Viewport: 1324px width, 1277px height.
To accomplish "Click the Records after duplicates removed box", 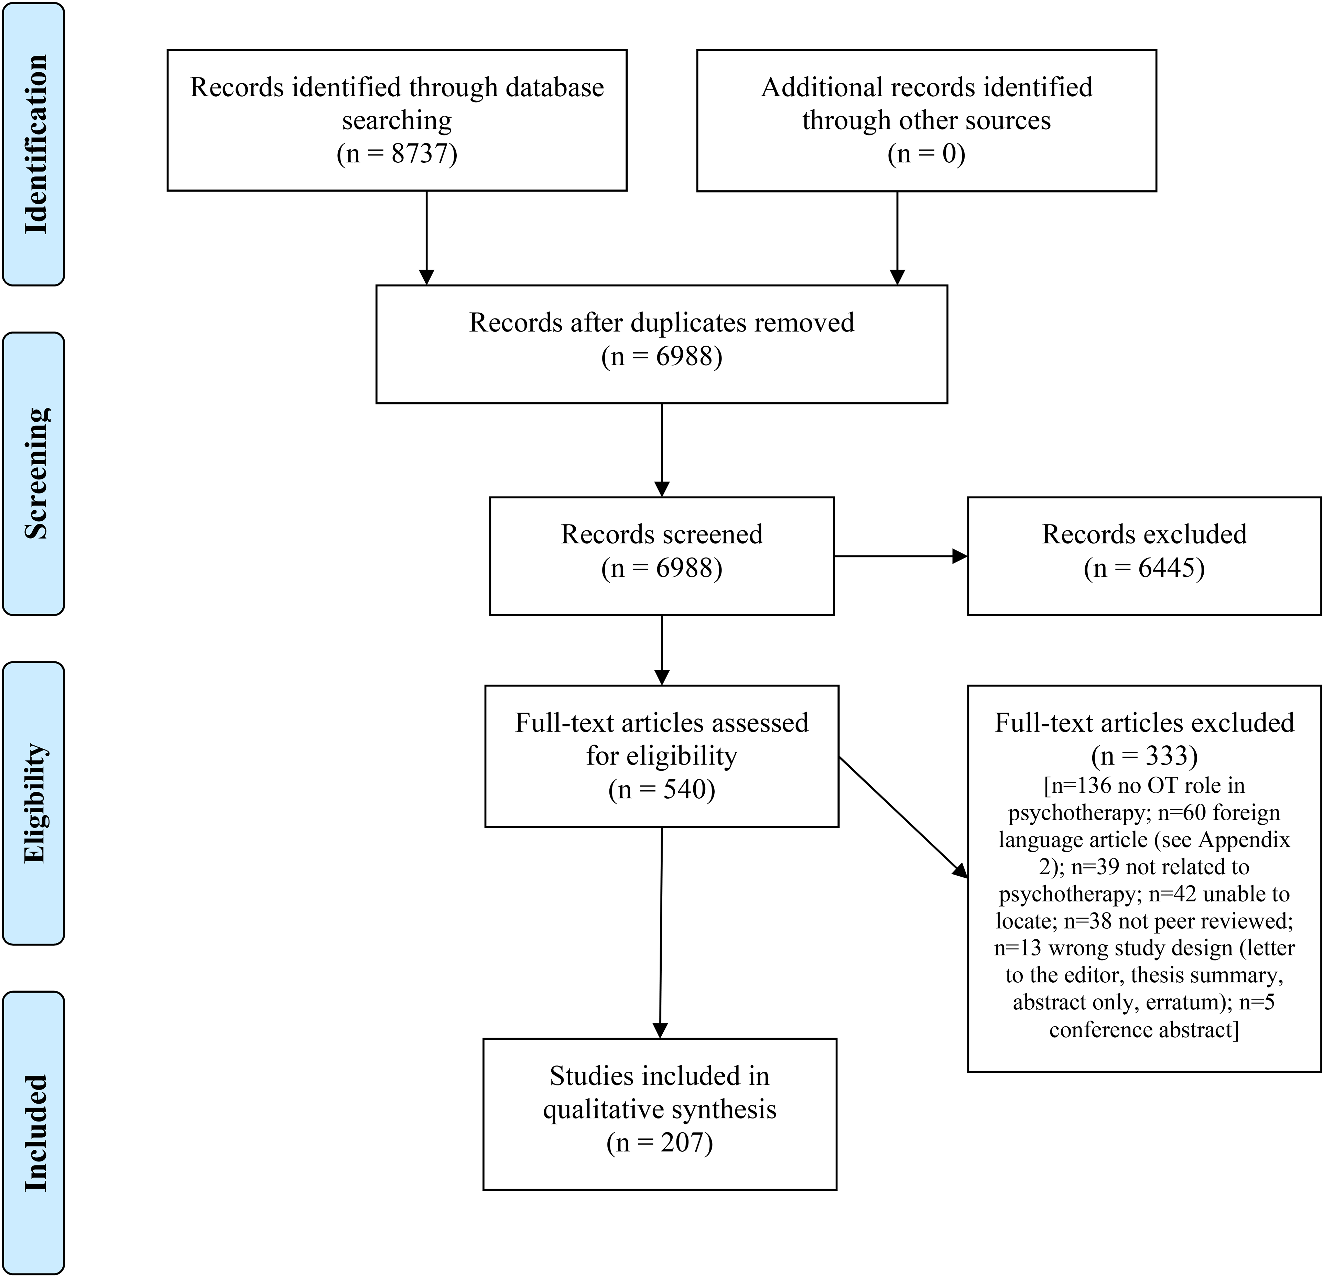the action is pos(662,345).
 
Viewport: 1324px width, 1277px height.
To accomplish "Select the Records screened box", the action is pos(662,556).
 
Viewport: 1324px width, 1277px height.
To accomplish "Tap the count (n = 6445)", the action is pos(1144,567).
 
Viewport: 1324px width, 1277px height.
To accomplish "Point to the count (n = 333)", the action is pos(1144,755).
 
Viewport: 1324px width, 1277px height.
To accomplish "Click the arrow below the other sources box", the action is pos(897,238).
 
